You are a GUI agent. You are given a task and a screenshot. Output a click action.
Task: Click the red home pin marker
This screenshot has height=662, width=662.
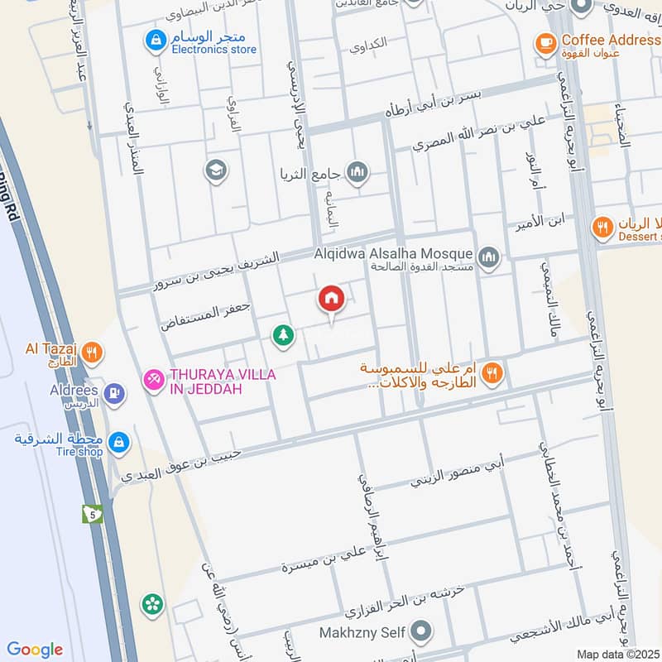[x=332, y=299]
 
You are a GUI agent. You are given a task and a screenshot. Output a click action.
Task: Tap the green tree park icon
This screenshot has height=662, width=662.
[x=283, y=335]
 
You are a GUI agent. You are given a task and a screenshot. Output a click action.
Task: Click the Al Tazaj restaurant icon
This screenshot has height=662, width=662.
[x=93, y=354]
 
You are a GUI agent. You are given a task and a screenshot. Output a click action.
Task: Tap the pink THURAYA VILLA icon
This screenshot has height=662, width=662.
[x=152, y=380]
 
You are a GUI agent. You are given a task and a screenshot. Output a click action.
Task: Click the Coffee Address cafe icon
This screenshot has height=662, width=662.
[x=544, y=42]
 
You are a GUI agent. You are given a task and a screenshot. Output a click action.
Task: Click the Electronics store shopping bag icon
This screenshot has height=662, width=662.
[x=154, y=39]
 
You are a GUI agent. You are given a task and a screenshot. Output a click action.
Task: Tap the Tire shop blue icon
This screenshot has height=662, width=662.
[x=119, y=443]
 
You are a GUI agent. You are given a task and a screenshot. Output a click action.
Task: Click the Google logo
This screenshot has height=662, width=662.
[x=35, y=650]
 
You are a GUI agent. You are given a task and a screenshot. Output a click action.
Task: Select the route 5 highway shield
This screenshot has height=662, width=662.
[x=92, y=514]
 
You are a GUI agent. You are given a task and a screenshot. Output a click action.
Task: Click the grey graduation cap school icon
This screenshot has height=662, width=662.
[x=215, y=170]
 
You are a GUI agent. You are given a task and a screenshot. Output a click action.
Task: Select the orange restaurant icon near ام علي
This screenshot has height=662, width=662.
[x=492, y=373]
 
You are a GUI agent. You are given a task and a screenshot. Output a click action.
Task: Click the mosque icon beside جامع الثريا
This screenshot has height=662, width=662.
[x=357, y=172]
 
